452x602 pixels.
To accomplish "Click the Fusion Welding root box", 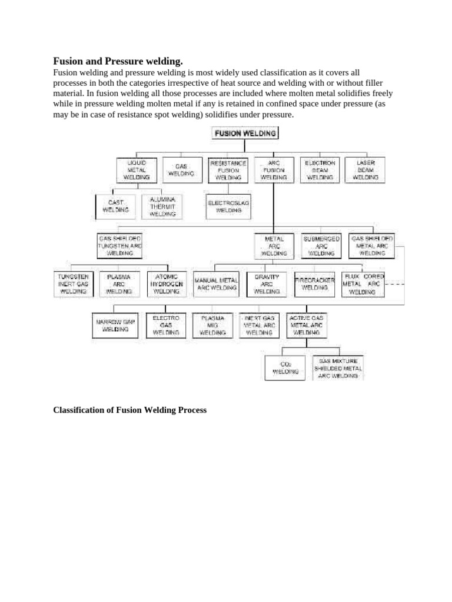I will click(245, 133).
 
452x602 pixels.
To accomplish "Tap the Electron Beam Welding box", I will click(320, 169).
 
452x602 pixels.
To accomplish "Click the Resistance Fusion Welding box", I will click(228, 169).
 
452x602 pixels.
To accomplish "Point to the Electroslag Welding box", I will click(228, 205).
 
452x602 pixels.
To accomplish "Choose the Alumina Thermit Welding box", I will click(162, 207).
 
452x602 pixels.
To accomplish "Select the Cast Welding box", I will click(116, 206).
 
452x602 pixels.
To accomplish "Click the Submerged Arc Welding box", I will click(321, 246).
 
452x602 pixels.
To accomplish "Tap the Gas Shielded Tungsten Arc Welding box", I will click(120, 246).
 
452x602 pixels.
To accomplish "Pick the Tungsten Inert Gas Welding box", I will click(73, 283).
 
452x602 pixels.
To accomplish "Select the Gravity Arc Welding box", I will click(266, 283).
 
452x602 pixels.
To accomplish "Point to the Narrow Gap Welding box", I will click(115, 326).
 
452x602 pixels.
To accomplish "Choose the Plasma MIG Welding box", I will click(212, 325).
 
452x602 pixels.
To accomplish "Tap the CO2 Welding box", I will click(285, 368).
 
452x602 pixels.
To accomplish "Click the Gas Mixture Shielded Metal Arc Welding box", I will click(338, 368).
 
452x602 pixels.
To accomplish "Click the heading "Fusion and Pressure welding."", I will click(118, 61).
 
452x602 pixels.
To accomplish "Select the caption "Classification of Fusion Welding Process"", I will click(130, 410).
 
